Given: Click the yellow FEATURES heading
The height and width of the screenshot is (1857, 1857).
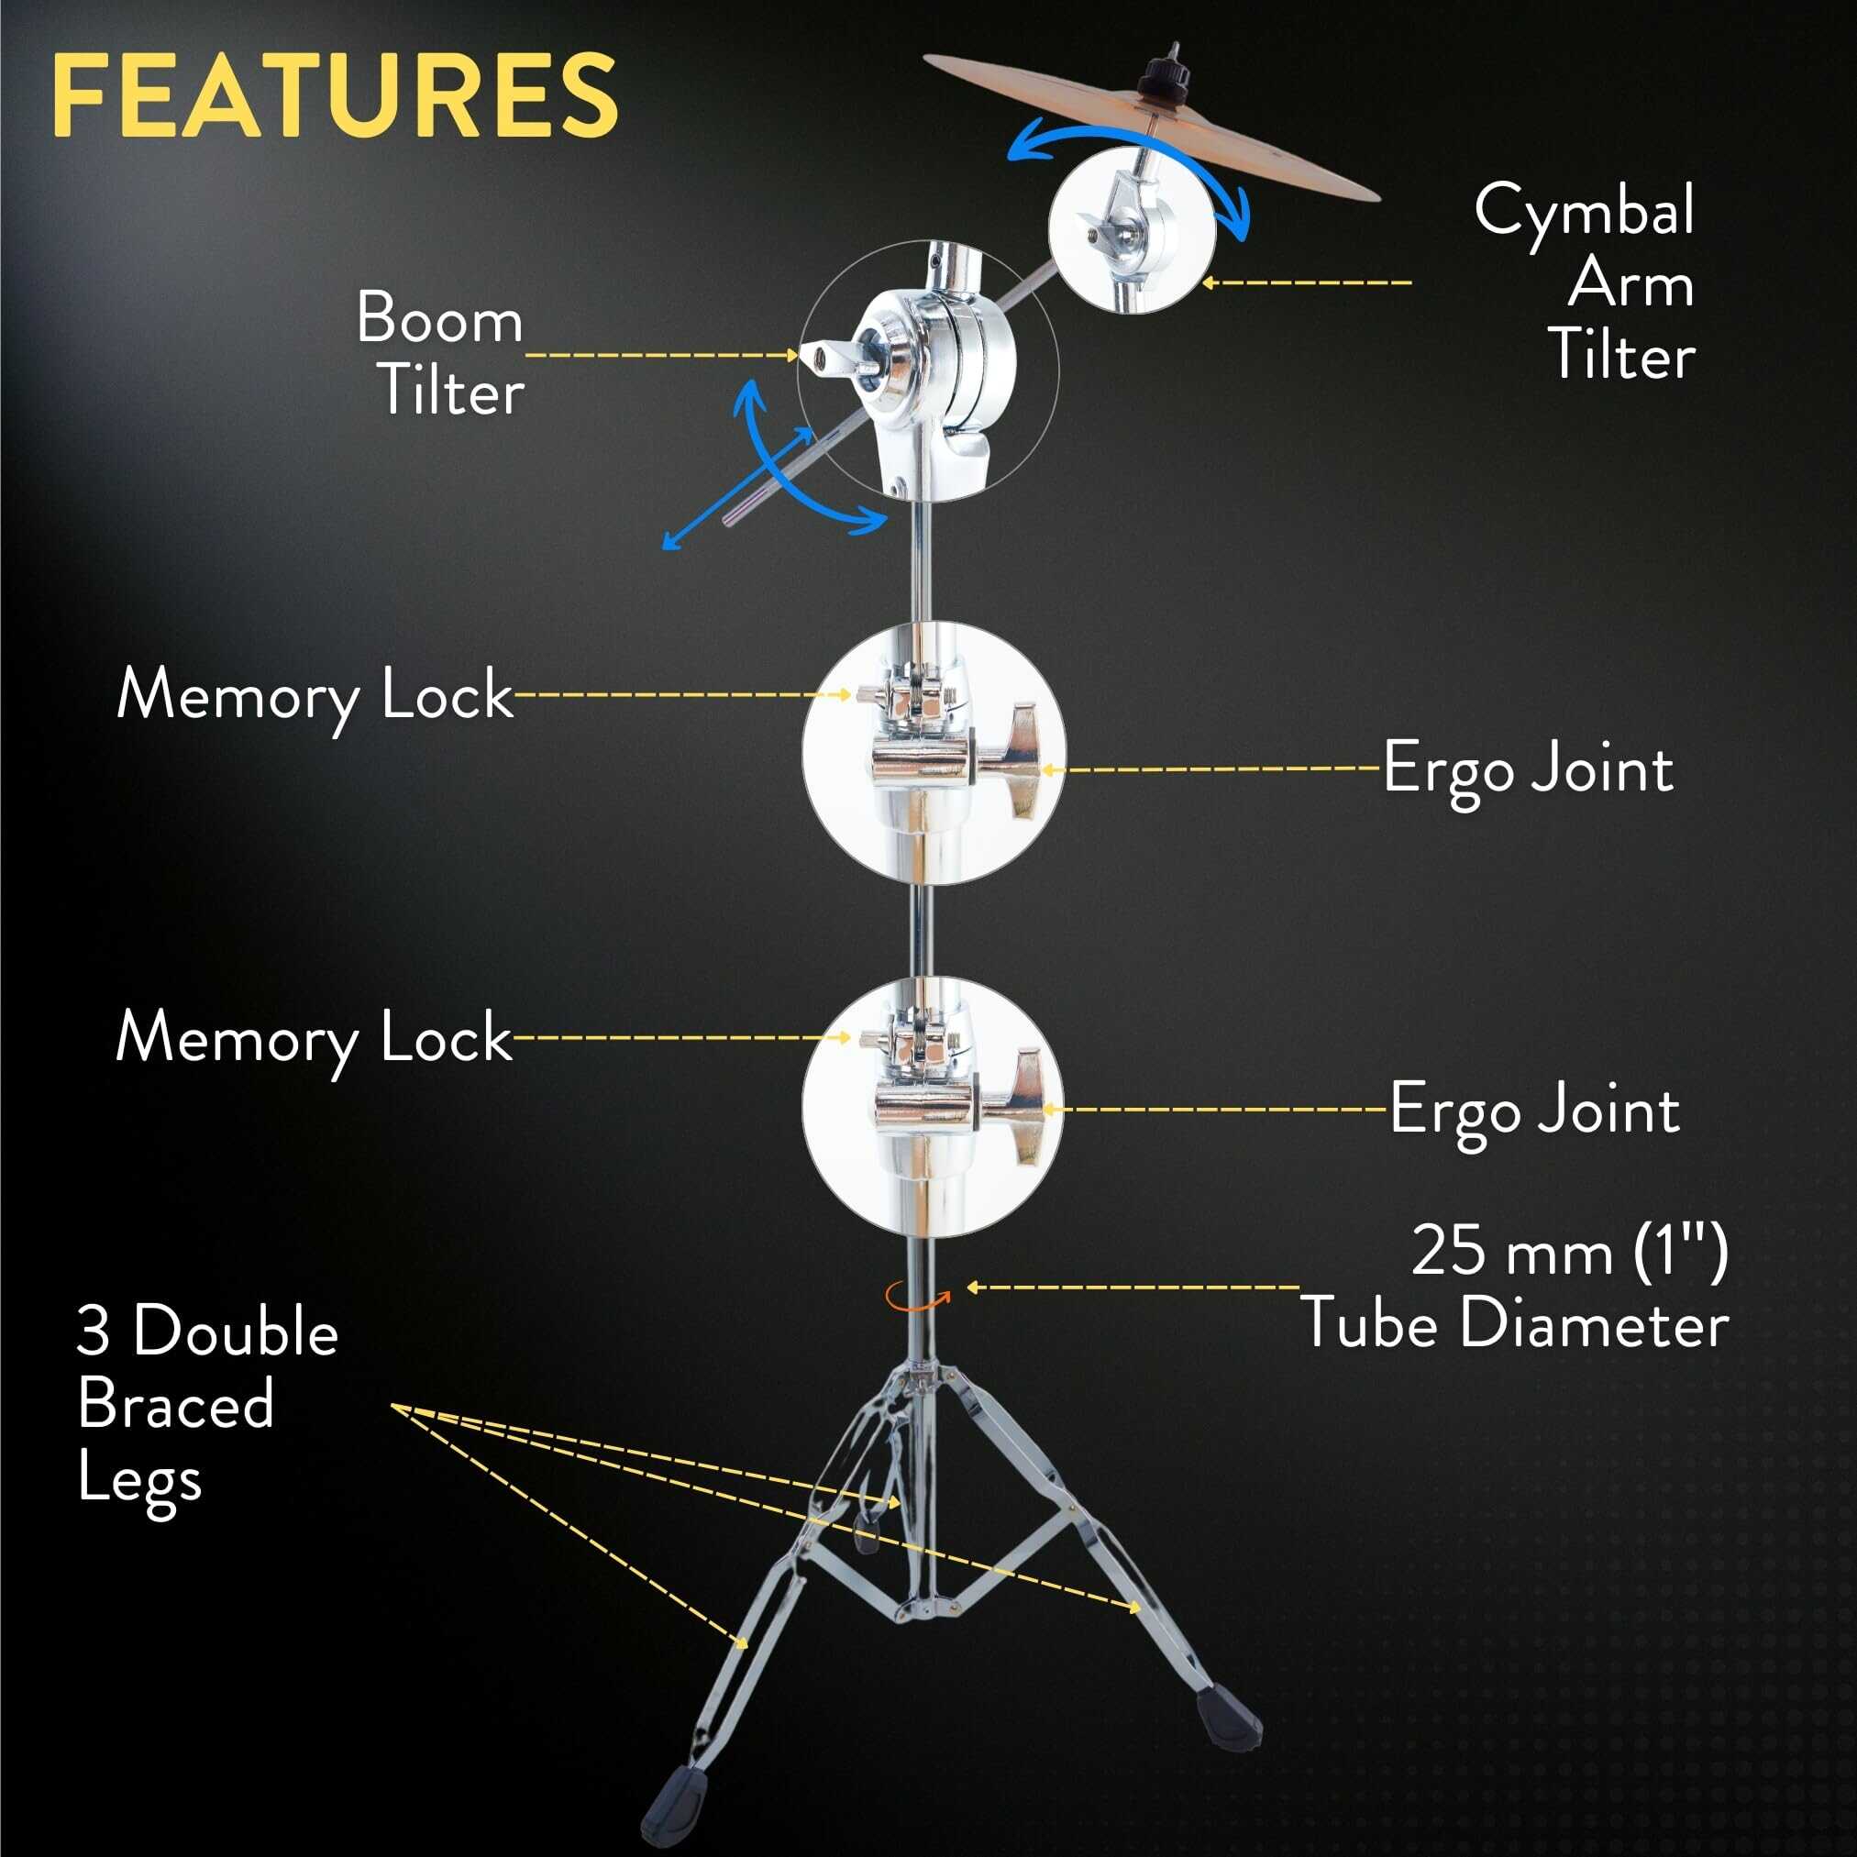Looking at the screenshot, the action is coord(335,95).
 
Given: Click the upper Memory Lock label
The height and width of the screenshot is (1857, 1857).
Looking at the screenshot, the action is coord(315,695).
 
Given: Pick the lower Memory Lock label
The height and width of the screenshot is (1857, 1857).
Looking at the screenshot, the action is coord(315,1039).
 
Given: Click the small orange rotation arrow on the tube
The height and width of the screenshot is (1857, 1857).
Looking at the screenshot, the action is coord(917,1295).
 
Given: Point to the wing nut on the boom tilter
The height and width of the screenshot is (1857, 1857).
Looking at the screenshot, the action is coord(827,357).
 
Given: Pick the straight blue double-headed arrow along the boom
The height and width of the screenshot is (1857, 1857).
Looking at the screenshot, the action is coord(738,488).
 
